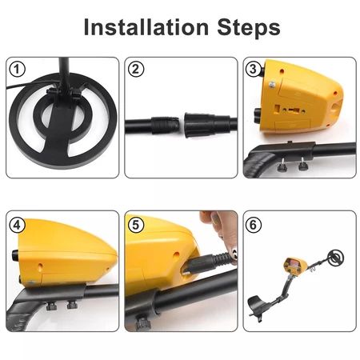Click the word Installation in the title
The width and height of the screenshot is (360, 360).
pos(146,27)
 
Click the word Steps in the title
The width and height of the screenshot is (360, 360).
pos(249,27)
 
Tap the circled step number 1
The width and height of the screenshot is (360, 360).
pos(18,70)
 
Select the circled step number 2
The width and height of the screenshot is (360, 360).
pos(136,70)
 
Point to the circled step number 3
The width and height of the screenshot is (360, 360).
pos(253,69)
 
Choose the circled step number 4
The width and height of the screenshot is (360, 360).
pos(18,225)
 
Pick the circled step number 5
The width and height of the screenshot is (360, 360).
pos(136,225)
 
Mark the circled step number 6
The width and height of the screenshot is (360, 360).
pos(253,225)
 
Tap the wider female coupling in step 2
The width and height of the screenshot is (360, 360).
pos(206,125)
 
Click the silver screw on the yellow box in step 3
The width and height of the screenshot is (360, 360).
pos(272,85)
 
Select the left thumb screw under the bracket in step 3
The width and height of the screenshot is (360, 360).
pos(281,166)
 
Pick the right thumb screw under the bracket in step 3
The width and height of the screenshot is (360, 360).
pos(302,164)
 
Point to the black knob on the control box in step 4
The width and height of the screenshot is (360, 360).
pos(15,255)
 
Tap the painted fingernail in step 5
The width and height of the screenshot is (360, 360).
pos(234,254)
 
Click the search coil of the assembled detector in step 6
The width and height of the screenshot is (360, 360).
pos(336,258)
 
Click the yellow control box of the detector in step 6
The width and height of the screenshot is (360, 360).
pos(295,266)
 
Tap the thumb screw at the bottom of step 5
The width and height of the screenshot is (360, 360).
pos(143,322)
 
